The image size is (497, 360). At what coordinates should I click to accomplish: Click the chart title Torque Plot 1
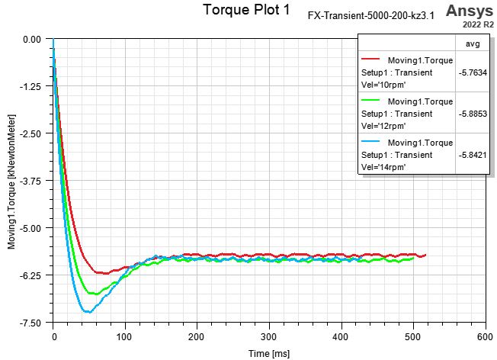pos(246,11)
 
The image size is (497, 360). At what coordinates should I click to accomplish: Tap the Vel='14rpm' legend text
pos(383,166)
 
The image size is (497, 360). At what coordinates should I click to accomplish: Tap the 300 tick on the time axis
pos(269,336)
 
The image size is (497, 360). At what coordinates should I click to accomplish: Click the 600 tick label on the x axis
pos(485,336)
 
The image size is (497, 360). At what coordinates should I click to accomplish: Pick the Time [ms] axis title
pos(268,353)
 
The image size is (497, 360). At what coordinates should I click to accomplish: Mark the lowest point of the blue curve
pos(88,312)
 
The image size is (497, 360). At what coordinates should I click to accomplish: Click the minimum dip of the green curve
pos(93,294)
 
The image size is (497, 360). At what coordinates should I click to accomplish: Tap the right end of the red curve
pos(425,255)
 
